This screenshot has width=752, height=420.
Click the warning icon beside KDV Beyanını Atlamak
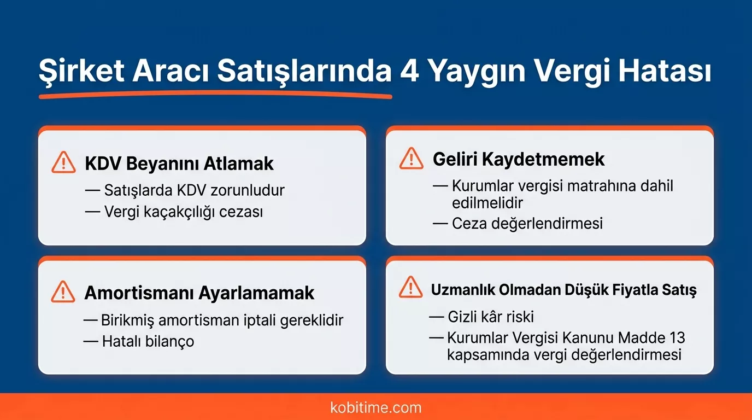coord(63,162)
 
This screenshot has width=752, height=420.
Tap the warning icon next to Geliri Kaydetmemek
coord(411,159)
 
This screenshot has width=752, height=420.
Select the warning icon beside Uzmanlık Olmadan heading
coord(411,288)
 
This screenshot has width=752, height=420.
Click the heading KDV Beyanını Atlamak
coord(179,164)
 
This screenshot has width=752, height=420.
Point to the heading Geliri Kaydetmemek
coord(519,159)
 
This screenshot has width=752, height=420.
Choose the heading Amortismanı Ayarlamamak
coord(199,293)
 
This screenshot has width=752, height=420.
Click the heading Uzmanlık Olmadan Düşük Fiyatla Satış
coord(563,289)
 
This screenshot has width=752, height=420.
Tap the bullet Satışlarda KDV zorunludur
coord(194,190)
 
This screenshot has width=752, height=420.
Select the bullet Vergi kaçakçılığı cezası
coord(183,212)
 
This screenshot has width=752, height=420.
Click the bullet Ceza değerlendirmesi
coord(527,223)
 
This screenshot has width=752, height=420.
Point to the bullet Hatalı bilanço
coord(148,341)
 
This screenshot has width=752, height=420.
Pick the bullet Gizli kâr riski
coord(490,317)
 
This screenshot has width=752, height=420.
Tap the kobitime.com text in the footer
coord(376,407)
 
